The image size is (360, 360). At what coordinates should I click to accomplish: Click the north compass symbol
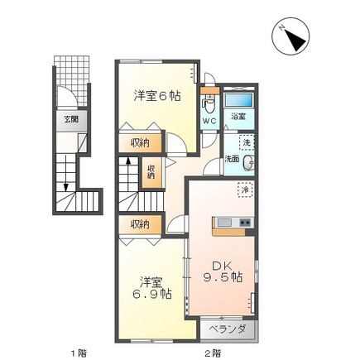[x=290, y=36]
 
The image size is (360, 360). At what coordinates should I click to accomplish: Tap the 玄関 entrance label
[x=71, y=120]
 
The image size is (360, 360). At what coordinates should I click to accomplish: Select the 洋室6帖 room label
[x=157, y=96]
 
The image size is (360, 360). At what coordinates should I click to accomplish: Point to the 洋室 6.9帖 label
[x=151, y=288]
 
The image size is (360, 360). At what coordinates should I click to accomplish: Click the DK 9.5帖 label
[x=223, y=271]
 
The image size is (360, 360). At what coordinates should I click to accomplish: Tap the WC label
[x=209, y=121]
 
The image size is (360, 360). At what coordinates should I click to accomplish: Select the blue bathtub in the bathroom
[x=238, y=100]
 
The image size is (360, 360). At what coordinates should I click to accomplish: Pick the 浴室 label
[x=238, y=117]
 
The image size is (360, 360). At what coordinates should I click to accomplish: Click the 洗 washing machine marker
[x=247, y=142]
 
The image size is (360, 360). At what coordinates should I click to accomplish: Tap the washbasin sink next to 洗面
[x=248, y=163]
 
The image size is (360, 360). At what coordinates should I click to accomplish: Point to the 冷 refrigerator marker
[x=245, y=190]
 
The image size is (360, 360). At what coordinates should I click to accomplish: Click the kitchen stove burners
[x=246, y=222]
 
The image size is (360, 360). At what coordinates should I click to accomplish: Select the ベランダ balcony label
[x=228, y=329]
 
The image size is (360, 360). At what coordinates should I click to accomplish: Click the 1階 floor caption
[x=79, y=353]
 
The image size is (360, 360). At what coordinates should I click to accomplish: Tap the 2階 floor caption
[x=213, y=353]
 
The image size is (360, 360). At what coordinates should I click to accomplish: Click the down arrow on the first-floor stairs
[x=65, y=173]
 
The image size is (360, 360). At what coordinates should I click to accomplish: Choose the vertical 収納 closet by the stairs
[x=151, y=172]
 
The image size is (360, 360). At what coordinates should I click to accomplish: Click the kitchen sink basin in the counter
[x=224, y=222]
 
